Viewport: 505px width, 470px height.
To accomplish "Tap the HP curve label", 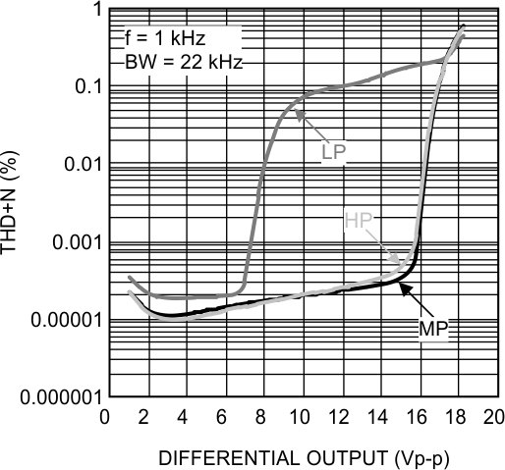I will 359,220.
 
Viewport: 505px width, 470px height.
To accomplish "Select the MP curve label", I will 434,327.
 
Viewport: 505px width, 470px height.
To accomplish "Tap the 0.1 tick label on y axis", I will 81,86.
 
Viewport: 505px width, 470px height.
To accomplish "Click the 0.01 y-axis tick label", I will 75,164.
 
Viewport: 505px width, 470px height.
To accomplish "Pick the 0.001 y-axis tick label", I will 70,242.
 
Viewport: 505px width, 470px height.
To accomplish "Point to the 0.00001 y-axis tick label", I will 60,320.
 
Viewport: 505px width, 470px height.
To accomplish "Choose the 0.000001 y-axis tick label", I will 56,397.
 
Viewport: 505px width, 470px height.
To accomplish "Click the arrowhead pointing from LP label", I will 299,120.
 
